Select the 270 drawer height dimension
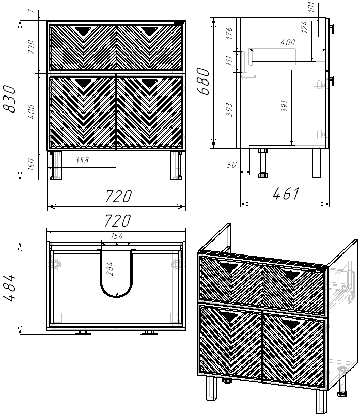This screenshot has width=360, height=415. coord(32,47)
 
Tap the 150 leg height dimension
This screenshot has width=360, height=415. coord(32,164)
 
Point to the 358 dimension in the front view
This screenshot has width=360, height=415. coord(82,160)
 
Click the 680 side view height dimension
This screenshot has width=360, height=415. coord(203,81)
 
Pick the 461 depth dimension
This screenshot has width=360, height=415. coord(286,194)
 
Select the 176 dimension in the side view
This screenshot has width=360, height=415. coord(229,33)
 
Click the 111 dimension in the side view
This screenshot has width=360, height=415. coord(229,60)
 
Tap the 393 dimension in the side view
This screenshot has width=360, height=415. coord(229,109)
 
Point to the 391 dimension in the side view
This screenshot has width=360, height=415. coord(284,106)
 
